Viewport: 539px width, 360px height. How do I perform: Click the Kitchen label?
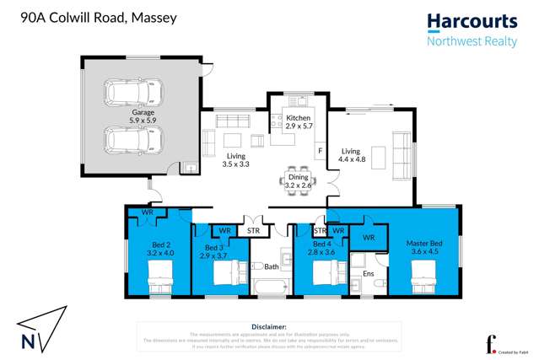pyautogui.click(x=299, y=123)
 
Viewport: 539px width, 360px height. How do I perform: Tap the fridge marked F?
pyautogui.click(x=320, y=150)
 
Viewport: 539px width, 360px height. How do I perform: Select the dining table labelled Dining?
pyautogui.click(x=298, y=180)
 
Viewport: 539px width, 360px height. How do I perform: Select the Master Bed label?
pyautogui.click(x=426, y=244)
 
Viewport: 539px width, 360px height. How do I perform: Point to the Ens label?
pyautogui.click(x=369, y=273)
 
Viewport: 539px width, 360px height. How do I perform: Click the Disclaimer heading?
pyautogui.click(x=270, y=325)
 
